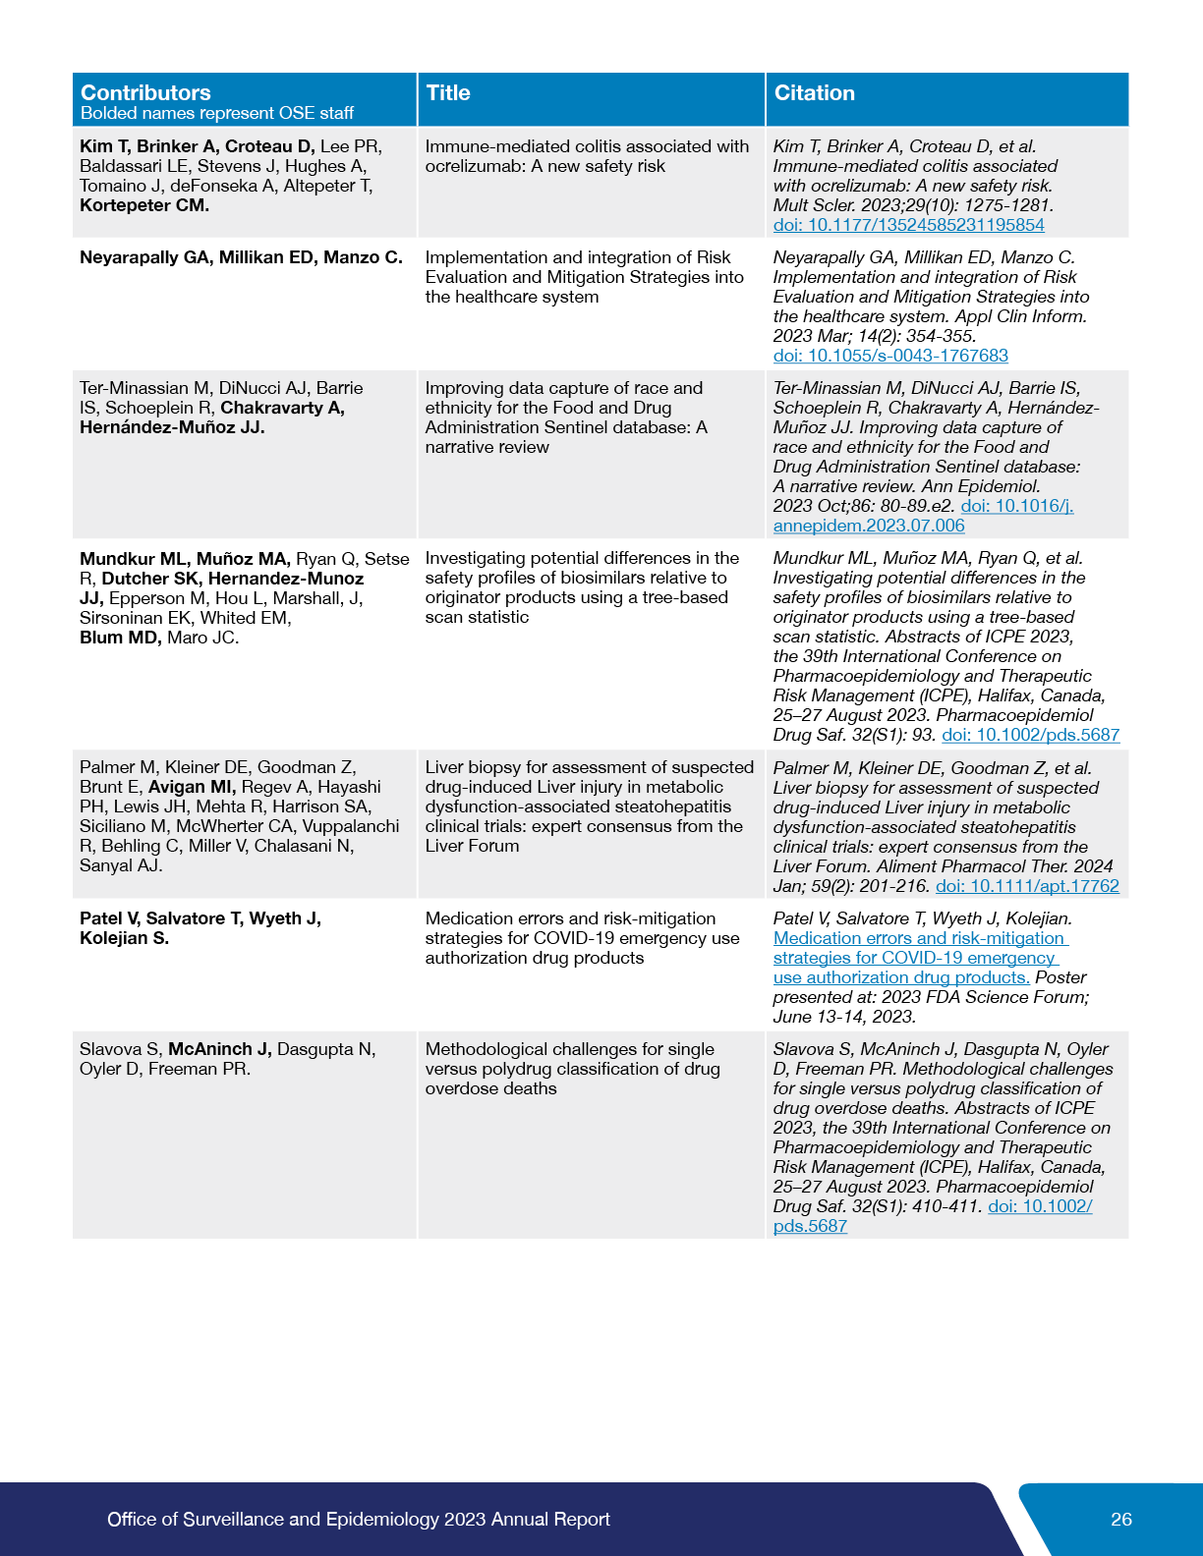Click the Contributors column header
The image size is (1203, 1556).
(145, 92)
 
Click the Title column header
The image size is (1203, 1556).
(448, 92)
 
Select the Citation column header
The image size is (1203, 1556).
(814, 92)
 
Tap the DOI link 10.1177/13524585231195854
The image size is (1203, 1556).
(908, 225)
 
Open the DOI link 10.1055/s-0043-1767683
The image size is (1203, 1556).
(890, 356)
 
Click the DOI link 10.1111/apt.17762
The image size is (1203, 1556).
(1027, 886)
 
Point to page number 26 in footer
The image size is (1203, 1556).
(1120, 1519)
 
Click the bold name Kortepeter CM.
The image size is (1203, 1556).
(144, 205)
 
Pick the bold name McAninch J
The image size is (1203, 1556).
(219, 1049)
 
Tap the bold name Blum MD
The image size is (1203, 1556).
(120, 638)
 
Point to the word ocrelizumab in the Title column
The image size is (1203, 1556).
(473, 166)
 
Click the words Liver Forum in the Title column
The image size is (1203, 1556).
(472, 846)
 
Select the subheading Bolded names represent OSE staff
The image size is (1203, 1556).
(216, 113)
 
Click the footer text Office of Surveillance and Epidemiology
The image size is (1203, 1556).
(272, 1519)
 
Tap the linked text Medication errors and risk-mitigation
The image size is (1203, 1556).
(919, 938)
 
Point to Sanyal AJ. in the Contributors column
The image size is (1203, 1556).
(121, 865)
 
